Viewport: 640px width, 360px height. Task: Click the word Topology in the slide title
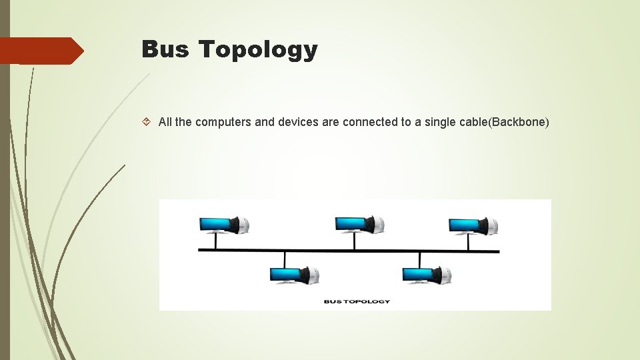[x=258, y=50]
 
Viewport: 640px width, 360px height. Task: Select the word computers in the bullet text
[x=223, y=122]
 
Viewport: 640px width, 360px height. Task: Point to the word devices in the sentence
[x=296, y=122]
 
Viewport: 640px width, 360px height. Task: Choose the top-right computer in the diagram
[x=473, y=225]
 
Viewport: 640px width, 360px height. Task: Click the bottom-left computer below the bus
[x=294, y=274]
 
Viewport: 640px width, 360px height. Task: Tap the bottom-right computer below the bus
[x=427, y=274]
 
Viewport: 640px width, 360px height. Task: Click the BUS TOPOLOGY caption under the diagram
[x=357, y=301]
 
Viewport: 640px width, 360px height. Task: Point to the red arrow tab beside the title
[x=41, y=51]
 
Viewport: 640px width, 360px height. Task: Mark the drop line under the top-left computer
[x=215, y=242]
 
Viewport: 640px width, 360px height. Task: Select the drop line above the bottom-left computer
[x=285, y=259]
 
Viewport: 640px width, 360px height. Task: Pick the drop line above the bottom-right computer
[x=419, y=259]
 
